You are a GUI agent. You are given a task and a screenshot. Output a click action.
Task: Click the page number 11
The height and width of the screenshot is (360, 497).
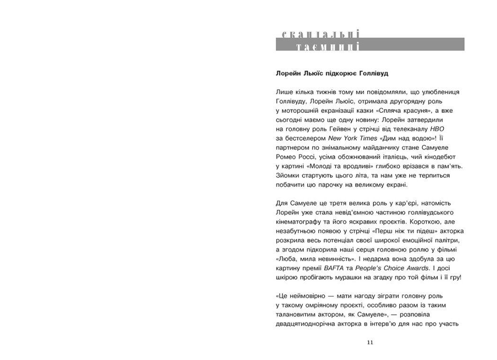pyautogui.click(x=370, y=342)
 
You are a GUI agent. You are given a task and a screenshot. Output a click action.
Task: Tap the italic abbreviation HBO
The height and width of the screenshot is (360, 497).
pyautogui.click(x=437, y=129)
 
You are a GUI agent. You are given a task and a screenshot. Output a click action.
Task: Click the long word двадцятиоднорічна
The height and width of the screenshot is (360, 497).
pyautogui.click(x=304, y=324)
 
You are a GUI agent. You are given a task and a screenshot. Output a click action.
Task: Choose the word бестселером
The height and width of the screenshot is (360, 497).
pyautogui.click(x=307, y=138)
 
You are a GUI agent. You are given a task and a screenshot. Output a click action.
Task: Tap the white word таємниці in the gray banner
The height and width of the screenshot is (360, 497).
pyautogui.click(x=327, y=46)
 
